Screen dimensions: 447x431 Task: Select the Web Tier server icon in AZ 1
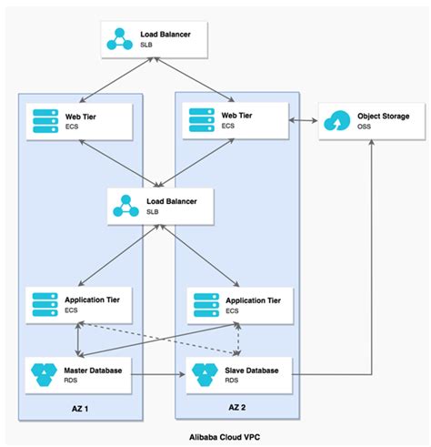(44, 120)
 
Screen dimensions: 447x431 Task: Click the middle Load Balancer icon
(125, 205)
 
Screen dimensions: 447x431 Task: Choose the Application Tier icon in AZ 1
(44, 302)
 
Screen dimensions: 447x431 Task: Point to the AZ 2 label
(236, 407)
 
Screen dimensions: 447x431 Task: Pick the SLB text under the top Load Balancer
(147, 45)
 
